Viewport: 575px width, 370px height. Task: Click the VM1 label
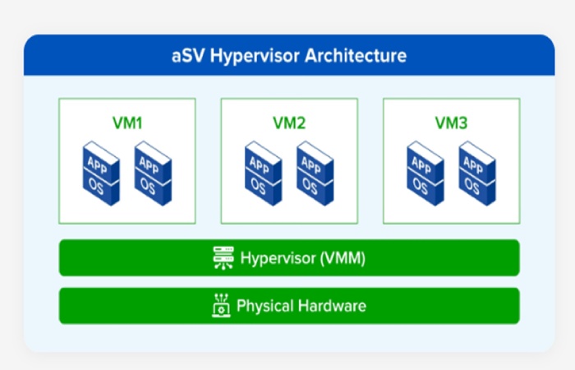[127, 123]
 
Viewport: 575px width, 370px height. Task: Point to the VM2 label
[289, 123]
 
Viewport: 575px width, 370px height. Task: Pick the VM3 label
[451, 123]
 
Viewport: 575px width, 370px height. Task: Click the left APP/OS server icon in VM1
[101, 173]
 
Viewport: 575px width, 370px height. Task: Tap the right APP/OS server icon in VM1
[153, 173]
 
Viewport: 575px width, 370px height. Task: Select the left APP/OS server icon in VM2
[263, 173]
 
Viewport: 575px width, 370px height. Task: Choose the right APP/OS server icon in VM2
[315, 173]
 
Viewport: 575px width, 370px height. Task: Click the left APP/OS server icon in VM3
[425, 173]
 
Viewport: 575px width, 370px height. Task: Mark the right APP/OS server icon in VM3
[476, 173]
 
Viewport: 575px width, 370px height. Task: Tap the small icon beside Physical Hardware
[220, 306]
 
